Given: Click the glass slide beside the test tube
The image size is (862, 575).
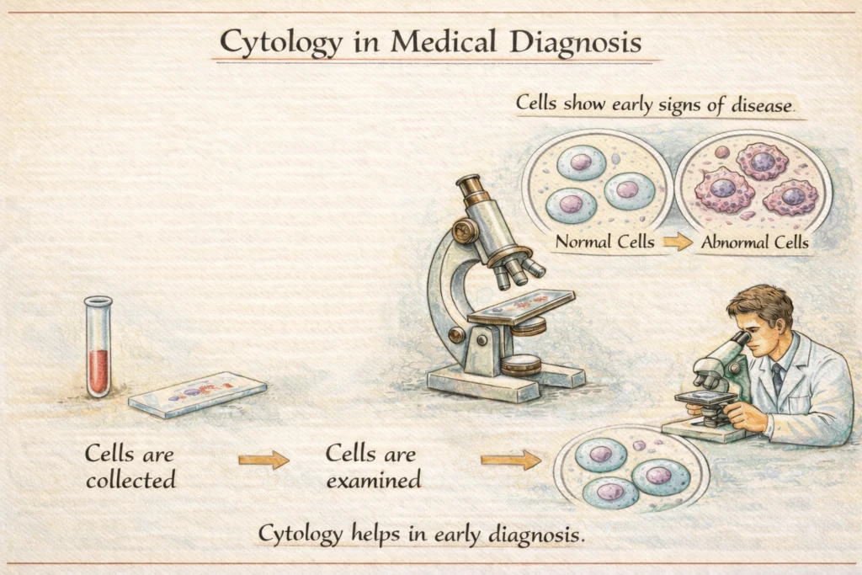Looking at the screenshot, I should tap(198, 394).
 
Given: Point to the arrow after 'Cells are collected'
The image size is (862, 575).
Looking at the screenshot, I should tap(263, 460).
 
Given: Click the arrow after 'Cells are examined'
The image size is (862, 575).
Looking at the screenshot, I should tap(511, 460).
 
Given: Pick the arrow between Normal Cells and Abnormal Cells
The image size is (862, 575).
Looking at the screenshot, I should tap(677, 242).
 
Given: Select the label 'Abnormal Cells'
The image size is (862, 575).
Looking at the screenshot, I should tap(754, 242).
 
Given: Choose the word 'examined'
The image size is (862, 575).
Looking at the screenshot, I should tap(373, 481).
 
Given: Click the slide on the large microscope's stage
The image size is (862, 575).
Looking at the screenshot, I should tap(522, 304).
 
